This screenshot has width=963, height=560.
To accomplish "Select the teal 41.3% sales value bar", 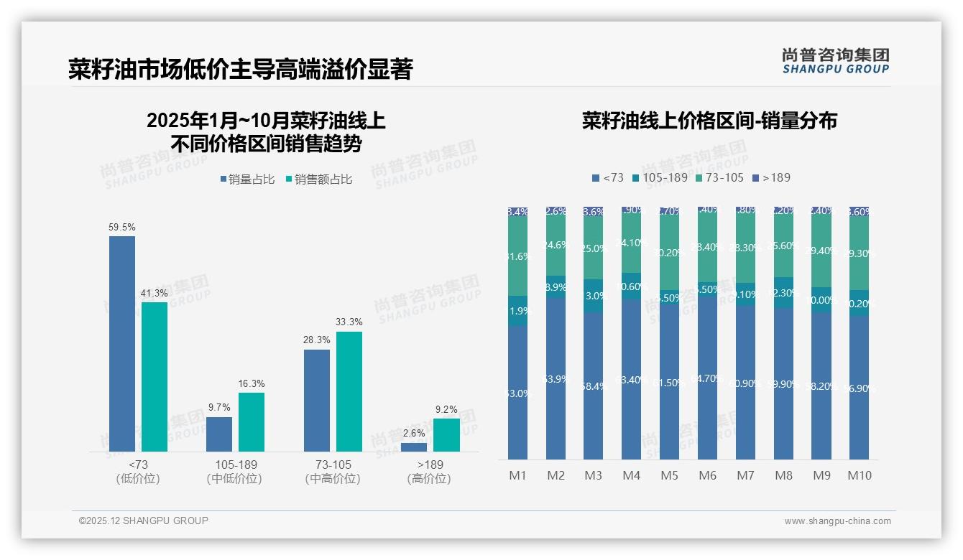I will click(x=155, y=376).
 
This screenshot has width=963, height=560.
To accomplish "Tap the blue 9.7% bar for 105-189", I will click(x=219, y=434).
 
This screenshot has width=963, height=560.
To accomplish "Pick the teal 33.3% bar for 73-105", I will click(x=349, y=391).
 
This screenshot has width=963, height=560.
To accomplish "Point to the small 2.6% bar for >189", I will click(x=414, y=447).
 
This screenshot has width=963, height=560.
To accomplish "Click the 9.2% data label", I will click(x=446, y=410).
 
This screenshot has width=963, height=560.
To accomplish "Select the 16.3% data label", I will click(x=252, y=383).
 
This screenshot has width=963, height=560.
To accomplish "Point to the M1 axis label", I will click(x=517, y=475).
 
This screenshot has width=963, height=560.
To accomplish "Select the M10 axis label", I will click(x=859, y=475).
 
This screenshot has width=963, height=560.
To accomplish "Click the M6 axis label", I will click(x=707, y=475).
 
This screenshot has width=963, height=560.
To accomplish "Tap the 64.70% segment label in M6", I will click(x=707, y=378).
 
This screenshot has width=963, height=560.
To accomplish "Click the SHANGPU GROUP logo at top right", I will click(x=835, y=61).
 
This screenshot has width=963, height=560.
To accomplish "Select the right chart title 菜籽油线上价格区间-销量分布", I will click(x=709, y=121).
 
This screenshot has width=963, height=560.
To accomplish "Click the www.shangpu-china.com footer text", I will click(x=837, y=521).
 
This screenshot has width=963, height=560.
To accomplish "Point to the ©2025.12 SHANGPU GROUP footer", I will click(x=144, y=521).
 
